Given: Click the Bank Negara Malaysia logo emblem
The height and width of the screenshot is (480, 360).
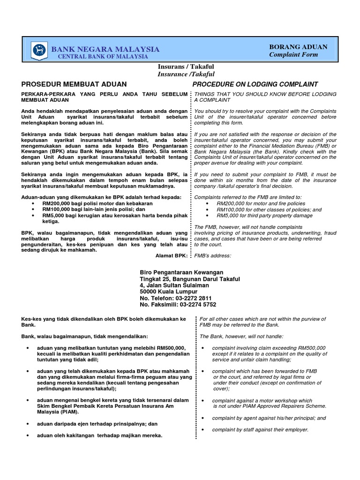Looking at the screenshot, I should [39, 50].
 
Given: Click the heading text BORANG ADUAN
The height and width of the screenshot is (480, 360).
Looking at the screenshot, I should [298, 47].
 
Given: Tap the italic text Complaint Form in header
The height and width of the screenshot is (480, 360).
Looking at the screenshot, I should [293, 55].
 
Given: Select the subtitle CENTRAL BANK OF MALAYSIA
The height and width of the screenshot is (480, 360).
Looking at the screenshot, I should [103, 57].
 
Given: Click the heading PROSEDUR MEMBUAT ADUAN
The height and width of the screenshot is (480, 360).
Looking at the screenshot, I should [74, 84].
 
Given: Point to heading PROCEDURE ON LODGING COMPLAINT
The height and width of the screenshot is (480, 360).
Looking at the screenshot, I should [256, 84].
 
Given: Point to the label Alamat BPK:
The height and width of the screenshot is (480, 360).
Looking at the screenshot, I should [171, 255].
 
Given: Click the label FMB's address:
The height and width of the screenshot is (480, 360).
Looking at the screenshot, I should [213, 255].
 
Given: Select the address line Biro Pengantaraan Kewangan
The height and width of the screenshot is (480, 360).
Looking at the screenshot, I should [182, 272].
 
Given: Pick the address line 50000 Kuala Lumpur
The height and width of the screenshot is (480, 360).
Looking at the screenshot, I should [167, 292].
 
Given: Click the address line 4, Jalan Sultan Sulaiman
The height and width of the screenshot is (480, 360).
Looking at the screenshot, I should [174, 285].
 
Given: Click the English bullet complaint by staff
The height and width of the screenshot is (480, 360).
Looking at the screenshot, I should [260, 430].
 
